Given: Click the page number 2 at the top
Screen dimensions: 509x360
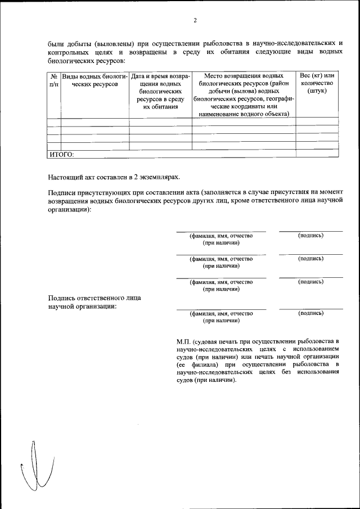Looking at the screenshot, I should (195, 21).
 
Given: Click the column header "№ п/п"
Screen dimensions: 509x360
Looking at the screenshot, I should (54, 79).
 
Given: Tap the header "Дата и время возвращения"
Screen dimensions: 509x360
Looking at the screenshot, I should (160, 90).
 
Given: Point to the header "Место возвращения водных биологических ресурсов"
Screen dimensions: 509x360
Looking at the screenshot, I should (244, 94).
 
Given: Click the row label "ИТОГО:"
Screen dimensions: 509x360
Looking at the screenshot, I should (62, 154).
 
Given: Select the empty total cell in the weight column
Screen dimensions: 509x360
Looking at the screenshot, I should (317, 154).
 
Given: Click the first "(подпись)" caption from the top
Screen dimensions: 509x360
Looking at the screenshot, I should (310, 235).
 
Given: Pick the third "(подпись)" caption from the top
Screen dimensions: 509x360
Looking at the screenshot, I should (310, 281).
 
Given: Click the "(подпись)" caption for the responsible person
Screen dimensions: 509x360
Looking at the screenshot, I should (310, 313).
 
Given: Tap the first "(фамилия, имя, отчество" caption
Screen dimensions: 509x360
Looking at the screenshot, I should (221, 236).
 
